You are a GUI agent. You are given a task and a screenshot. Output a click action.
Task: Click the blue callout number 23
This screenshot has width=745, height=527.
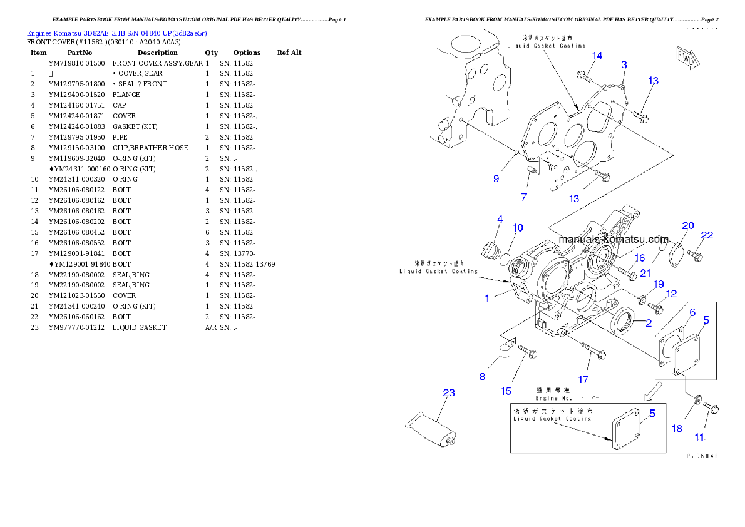pos(448,393)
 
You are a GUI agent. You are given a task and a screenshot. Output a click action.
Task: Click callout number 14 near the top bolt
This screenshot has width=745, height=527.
pos(597,56)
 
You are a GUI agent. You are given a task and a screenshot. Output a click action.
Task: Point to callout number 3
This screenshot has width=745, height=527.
pos(624,64)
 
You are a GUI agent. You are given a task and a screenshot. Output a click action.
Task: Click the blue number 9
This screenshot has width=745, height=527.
pos(496,178)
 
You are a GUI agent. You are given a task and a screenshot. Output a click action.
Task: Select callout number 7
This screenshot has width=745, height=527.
pos(523,197)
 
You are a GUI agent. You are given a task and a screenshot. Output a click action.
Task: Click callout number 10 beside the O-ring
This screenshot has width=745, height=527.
pos(518,228)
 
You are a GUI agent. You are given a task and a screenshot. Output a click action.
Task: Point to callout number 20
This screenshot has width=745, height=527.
pos(688,225)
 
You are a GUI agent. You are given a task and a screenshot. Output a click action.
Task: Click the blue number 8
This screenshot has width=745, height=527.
pos(482,376)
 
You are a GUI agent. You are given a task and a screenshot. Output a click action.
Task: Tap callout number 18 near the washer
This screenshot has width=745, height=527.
pos(677,429)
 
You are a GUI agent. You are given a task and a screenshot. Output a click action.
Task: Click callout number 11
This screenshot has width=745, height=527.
pos(699,437)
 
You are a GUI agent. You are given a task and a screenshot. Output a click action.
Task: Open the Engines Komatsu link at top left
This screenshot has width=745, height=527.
pos(116,33)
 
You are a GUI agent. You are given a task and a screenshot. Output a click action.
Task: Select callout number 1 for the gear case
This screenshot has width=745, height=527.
pos(487,299)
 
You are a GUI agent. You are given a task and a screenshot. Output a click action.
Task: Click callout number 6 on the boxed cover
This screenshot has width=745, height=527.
pos(692,312)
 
